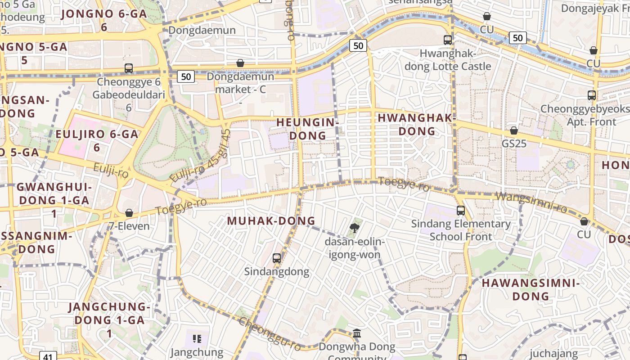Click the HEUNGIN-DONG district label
(x=307, y=129)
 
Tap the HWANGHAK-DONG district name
(x=417, y=125)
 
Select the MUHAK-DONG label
(x=271, y=221)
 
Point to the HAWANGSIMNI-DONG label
(x=531, y=289)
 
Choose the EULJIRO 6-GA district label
(x=97, y=140)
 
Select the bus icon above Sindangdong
(x=277, y=258)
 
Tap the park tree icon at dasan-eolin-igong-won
(x=355, y=228)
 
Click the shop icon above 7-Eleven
(x=129, y=213)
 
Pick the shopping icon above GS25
(x=513, y=131)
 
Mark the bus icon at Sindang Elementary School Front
(x=460, y=210)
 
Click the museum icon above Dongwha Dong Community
(x=357, y=333)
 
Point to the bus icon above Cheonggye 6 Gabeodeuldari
(x=129, y=68)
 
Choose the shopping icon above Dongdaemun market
(x=240, y=63)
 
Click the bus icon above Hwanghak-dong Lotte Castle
(x=448, y=40)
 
